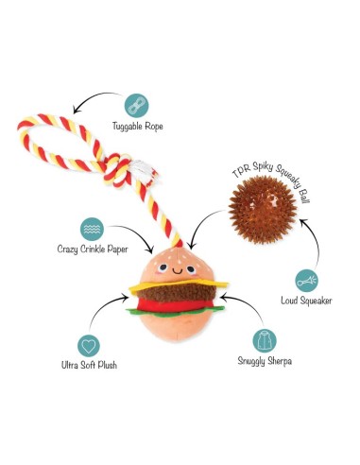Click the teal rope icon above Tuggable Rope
(136, 105)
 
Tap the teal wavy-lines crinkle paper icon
(92, 229)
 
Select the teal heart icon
(89, 346)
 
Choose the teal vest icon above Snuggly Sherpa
(265, 341)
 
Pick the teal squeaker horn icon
(306, 281)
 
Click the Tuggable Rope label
(138, 127)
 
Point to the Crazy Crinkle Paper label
(93, 250)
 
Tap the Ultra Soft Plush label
(89, 365)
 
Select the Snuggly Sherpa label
(265, 361)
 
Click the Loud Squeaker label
(306, 301)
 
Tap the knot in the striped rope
(118, 170)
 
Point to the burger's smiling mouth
(178, 270)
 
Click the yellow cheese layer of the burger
(179, 285)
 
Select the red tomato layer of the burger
(176, 305)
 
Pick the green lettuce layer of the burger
(175, 312)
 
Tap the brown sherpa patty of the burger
(177, 293)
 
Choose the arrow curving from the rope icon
(94, 97)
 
